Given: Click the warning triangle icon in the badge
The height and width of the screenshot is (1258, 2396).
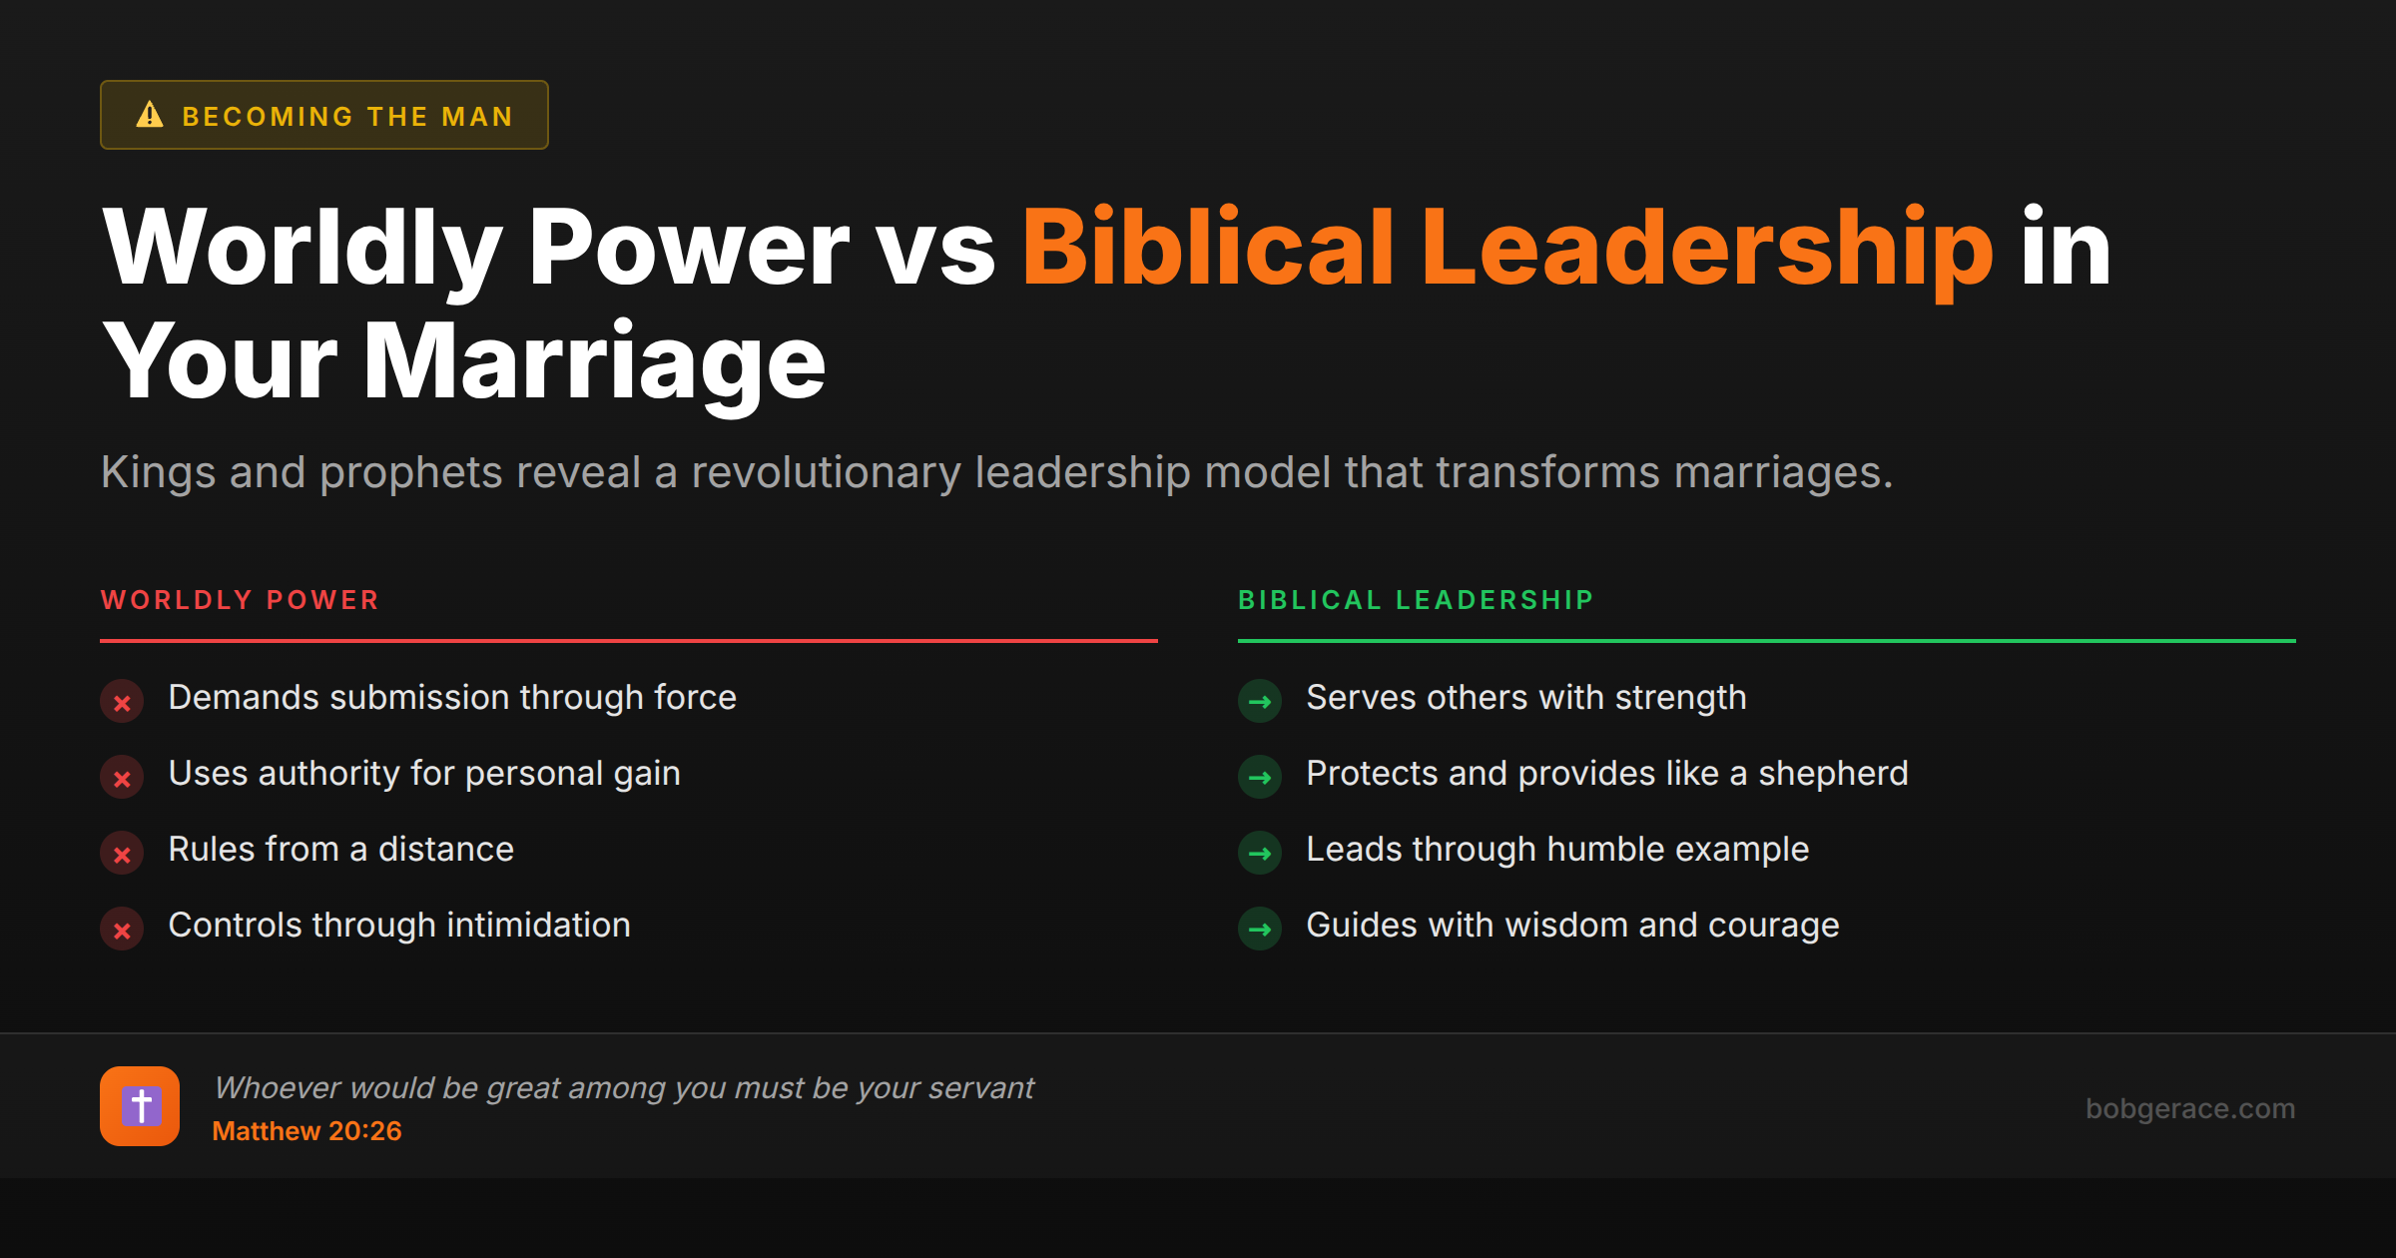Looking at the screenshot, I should (x=150, y=115).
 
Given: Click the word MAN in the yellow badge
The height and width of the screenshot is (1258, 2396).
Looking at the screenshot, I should (x=477, y=117).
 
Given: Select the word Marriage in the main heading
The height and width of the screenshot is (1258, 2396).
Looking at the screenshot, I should (x=594, y=361).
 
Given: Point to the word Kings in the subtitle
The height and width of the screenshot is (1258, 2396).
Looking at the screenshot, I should (x=158, y=472).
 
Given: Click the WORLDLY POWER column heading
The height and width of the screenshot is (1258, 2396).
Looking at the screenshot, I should (x=240, y=600).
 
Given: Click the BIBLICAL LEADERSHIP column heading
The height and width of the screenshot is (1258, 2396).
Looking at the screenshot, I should (x=1416, y=600).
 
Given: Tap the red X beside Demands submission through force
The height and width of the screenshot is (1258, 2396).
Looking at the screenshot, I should (x=122, y=702).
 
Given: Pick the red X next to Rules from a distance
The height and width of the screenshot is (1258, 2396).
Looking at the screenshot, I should (x=122, y=854).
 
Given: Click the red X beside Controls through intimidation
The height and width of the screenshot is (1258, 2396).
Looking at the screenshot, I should (x=122, y=930).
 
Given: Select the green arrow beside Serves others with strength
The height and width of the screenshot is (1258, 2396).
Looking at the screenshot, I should (x=1260, y=702).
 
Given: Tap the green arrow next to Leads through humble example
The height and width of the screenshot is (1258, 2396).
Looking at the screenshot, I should (x=1260, y=854).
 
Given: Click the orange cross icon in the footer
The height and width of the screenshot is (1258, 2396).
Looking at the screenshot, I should (x=140, y=1106).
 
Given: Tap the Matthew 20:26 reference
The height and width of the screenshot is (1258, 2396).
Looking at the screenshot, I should (x=306, y=1131).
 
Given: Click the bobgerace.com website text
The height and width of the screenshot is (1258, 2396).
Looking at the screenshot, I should (x=2189, y=1108).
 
